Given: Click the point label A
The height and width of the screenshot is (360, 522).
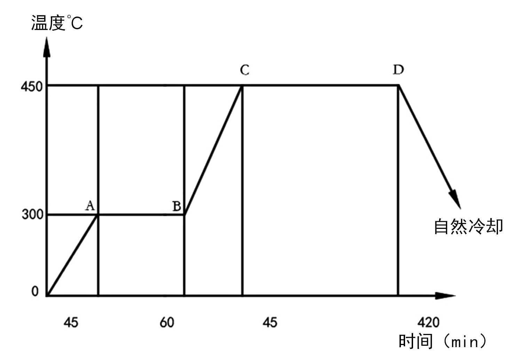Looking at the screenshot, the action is point(90,206).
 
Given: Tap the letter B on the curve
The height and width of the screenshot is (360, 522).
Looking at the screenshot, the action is point(177,206).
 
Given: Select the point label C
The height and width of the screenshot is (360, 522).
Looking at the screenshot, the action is point(245,70).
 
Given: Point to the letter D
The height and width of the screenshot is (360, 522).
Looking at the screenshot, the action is point(398,70).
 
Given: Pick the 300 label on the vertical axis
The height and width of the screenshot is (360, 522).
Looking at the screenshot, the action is point(33,215).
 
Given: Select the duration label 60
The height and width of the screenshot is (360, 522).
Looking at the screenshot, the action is point(167,323).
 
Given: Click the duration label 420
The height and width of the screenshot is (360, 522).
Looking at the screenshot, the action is point(428,322).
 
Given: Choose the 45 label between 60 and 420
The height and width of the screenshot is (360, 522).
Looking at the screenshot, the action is point(270,323).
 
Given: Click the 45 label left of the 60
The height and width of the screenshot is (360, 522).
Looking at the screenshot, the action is point(71,323).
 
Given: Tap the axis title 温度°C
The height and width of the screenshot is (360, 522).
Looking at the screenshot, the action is point(57,23).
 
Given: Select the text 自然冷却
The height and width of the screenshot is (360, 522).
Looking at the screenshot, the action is point(468,227).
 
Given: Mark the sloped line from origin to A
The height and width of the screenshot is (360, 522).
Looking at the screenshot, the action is point(73,255).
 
